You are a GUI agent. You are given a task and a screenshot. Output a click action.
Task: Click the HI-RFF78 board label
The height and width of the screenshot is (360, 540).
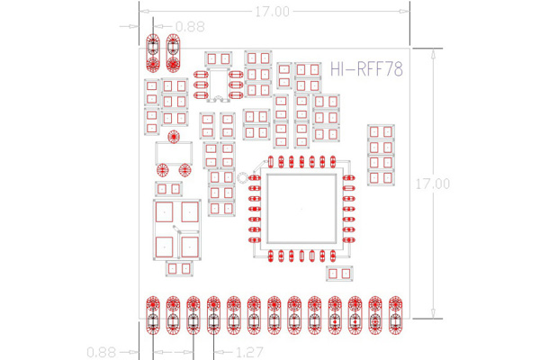(366, 69)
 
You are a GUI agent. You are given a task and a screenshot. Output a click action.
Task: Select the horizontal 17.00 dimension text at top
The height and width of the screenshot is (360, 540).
(272, 12)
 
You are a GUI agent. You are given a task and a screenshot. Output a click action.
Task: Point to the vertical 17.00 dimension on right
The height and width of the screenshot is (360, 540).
(433, 184)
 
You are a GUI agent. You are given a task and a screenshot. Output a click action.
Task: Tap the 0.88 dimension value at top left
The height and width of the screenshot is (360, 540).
(190, 26)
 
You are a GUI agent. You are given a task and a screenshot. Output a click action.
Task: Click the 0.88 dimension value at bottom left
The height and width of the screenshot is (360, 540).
(101, 353)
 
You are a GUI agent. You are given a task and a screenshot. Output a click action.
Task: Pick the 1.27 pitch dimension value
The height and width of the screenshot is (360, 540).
(250, 353)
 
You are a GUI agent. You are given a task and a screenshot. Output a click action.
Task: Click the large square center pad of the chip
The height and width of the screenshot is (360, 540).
(301, 209)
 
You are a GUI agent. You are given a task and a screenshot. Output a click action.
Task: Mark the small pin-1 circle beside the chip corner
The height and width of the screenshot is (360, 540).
(242, 178)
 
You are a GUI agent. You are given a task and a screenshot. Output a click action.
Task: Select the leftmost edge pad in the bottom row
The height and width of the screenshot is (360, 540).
(153, 315)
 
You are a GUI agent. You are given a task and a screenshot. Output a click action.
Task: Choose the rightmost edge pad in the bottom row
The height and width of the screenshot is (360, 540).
(395, 315)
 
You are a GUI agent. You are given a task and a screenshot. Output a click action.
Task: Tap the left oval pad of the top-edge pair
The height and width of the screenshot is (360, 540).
(153, 53)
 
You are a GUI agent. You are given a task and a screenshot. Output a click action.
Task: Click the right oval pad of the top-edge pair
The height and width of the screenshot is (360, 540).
(173, 53)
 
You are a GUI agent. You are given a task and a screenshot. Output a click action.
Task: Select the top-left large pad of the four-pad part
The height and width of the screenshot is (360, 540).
(165, 211)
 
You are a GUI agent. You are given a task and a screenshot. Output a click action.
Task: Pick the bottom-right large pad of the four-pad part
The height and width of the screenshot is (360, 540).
(190, 247)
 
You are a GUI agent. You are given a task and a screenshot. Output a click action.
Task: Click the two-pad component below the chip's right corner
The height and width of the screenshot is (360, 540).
(339, 274)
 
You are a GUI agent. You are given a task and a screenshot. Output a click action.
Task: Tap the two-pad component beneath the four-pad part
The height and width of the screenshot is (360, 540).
(179, 268)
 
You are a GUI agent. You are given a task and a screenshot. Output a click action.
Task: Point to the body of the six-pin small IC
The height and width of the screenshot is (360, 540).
(219, 85)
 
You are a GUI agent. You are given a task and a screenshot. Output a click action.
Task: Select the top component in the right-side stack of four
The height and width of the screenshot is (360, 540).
(381, 131)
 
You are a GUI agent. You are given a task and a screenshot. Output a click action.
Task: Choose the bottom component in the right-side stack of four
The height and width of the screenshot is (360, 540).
(381, 178)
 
